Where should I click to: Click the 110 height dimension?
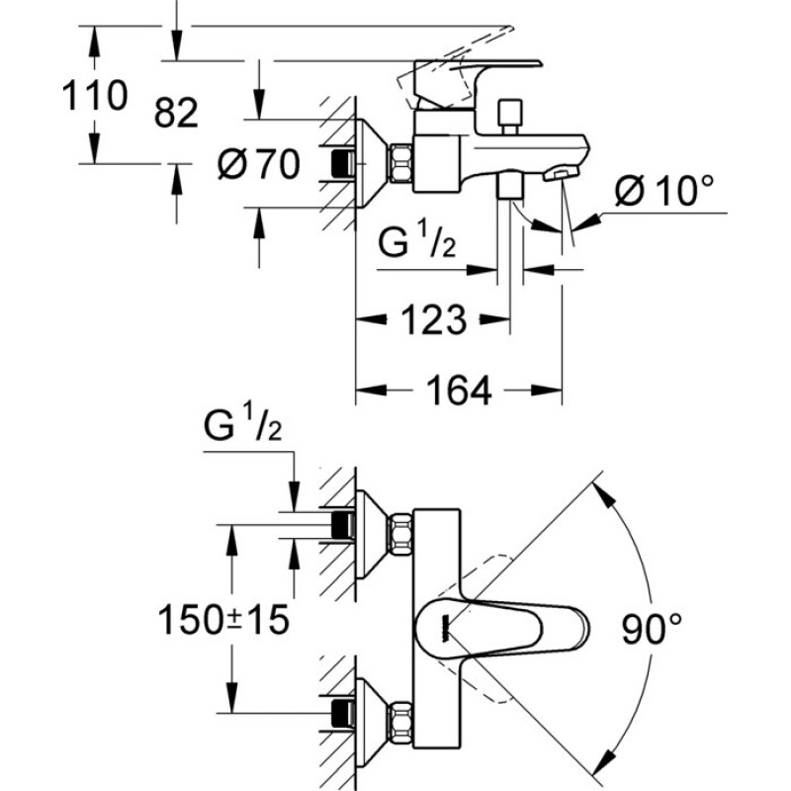click(95, 95)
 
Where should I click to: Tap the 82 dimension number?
click(176, 113)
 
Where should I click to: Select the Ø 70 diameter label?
click(259, 164)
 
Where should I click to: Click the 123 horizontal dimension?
click(433, 319)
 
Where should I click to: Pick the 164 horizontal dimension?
click(459, 391)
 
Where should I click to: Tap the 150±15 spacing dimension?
click(224, 620)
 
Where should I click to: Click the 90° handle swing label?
click(652, 629)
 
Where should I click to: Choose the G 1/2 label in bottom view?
click(242, 422)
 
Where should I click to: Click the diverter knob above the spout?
click(509, 117)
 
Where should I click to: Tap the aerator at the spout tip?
click(561, 175)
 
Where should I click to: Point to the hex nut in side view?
click(400, 162)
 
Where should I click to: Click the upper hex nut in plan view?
click(400, 534)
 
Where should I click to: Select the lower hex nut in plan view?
click(400, 723)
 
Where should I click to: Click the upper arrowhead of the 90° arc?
click(603, 491)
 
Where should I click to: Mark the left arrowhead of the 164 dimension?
click(372, 390)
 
